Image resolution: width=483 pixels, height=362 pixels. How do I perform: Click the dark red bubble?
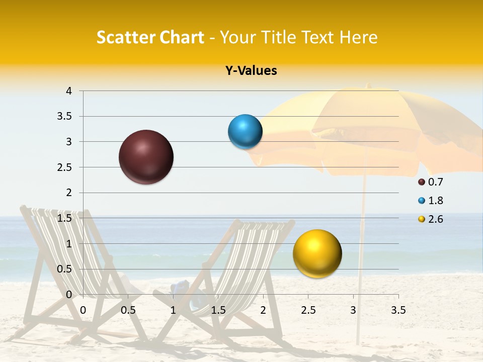[x=146, y=157]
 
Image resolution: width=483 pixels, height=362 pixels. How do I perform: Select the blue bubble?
[x=245, y=132]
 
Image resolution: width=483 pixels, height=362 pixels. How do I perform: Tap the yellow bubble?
[x=317, y=253]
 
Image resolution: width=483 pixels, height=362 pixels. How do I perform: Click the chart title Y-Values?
[x=251, y=71]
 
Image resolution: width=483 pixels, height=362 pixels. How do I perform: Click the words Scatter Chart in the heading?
[x=150, y=37]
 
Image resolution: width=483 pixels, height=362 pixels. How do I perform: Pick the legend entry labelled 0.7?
[x=431, y=182]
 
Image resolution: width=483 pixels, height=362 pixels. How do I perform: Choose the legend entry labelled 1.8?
[x=431, y=201]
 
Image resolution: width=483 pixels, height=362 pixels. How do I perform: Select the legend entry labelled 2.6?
[x=431, y=219]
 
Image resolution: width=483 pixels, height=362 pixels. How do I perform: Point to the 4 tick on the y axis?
[x=69, y=91]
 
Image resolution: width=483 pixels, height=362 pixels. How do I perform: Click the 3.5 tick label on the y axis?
[x=65, y=116]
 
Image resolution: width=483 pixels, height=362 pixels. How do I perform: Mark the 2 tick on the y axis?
[x=69, y=193]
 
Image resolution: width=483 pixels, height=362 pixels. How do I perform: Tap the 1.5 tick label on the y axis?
[x=65, y=218]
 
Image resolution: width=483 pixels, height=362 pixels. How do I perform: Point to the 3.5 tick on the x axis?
[x=398, y=310]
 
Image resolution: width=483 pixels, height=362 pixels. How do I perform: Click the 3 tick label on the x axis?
[x=353, y=310]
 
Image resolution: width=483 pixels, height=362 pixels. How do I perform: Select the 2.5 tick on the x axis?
[x=308, y=310]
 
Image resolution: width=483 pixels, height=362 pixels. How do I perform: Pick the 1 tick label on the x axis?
[x=173, y=310]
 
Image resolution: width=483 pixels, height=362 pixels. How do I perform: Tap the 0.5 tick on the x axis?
[x=128, y=310]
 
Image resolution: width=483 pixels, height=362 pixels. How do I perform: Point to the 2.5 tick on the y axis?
[x=65, y=167]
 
